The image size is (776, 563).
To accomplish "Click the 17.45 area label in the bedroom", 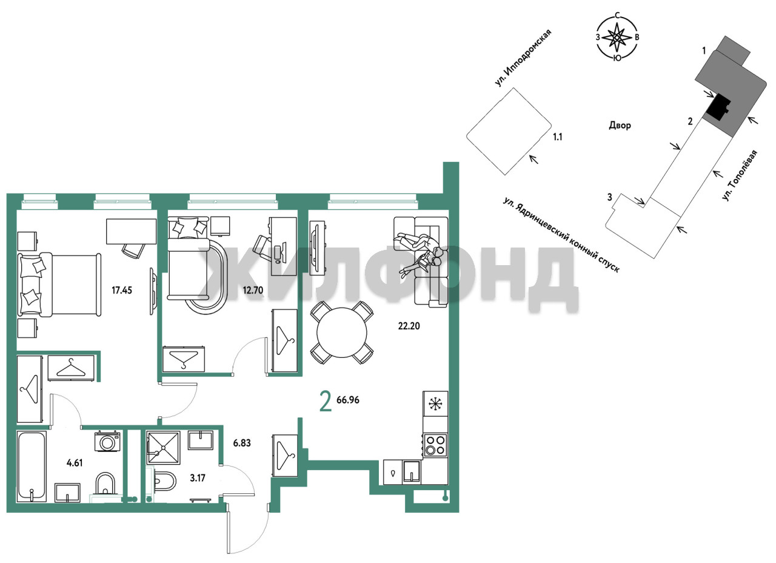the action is pos(122,290).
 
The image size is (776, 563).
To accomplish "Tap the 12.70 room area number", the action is pos(253,290).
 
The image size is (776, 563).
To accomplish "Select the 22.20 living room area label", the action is pos(409,326).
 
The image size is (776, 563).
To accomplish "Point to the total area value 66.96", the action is pos(348,400).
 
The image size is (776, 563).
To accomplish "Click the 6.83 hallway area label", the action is pos(242,443).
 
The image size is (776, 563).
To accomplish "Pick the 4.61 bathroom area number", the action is pos(75,463).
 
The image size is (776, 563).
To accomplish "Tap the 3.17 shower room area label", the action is pos(198,478).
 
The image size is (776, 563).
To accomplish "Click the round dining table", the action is pos(341,332).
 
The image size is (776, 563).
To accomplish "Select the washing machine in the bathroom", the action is pos(108,441).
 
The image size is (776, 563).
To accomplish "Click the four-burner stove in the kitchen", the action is pos(435,445).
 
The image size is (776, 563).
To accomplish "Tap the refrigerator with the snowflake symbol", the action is pos(435,404).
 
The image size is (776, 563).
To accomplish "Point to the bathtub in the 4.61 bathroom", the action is pos(32,467).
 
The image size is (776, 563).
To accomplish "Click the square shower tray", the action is pos(163,448).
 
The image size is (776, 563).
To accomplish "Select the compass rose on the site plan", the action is pos(617,37).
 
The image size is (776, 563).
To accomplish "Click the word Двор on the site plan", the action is pos(620,125).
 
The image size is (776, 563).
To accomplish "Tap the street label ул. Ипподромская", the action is pos(523,58).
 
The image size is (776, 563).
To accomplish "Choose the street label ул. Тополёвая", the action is pos(740,175).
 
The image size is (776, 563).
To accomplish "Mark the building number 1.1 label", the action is pos(557,137).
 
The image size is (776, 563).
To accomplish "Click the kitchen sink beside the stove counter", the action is pos(412,472).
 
